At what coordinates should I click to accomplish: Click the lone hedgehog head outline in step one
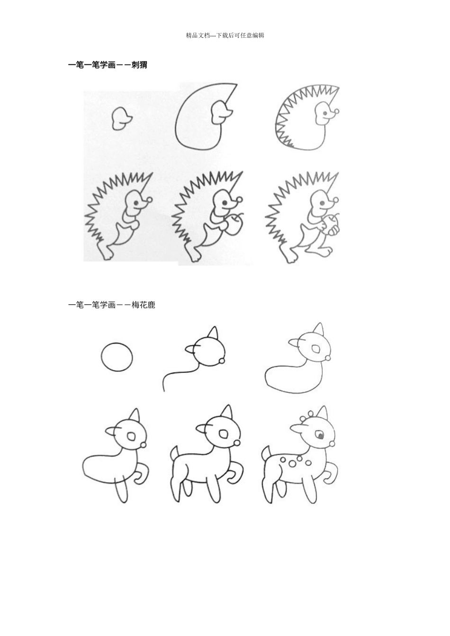point(121,118)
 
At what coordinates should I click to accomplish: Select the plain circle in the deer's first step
point(117,357)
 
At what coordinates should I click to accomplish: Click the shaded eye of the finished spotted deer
point(321,436)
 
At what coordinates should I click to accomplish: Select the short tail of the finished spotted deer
point(266,454)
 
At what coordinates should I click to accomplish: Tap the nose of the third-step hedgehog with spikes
point(336,112)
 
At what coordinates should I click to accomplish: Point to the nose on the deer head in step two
point(222,362)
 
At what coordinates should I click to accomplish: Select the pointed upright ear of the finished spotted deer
point(323,414)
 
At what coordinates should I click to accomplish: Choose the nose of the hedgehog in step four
point(150,200)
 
